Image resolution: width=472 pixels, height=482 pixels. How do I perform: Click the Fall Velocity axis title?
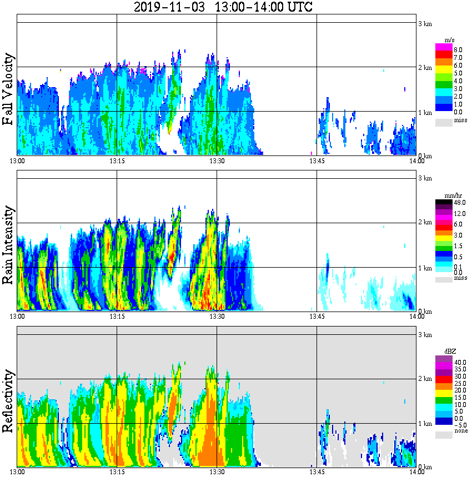8,89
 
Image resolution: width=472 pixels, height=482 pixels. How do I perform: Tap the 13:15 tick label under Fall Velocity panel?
117,160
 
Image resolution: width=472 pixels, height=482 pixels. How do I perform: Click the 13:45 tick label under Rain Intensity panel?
317,316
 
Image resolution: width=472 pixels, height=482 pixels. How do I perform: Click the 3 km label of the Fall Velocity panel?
425,23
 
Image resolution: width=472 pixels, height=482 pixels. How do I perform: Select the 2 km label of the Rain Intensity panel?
425,223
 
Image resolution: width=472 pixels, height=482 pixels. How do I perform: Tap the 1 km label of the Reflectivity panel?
425,423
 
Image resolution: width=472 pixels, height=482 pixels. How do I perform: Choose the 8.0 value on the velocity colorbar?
458,49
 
